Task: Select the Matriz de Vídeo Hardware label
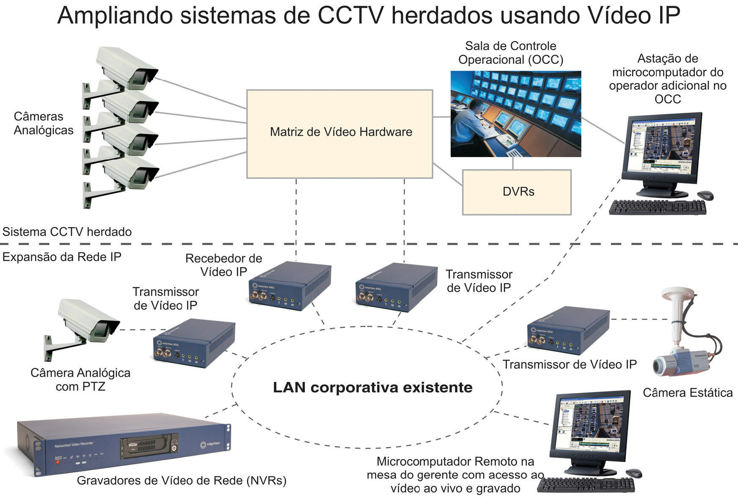[x=341, y=132]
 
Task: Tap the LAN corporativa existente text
[x=372, y=388]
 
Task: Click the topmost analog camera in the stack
[x=127, y=68]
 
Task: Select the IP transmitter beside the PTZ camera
[x=194, y=343]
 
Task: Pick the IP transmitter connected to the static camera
[x=568, y=330]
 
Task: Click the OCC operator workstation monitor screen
[x=662, y=146]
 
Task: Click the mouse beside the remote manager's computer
[x=633, y=473]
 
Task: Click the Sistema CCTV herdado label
[x=67, y=232]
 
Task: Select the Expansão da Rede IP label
[x=62, y=257]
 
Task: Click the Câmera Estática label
[x=688, y=393]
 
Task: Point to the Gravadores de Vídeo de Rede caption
[x=182, y=481]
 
